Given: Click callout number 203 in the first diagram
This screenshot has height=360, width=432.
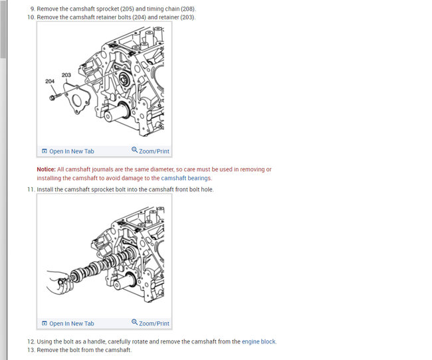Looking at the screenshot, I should point(66,75).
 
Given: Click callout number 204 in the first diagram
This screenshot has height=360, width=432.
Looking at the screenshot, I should point(50,81).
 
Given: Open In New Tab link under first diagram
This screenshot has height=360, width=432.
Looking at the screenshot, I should point(71,151).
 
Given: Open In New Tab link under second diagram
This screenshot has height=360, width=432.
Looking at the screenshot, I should point(71,323).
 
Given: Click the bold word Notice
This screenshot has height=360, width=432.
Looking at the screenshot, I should point(46,169).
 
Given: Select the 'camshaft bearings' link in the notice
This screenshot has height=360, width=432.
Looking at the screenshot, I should point(186,178).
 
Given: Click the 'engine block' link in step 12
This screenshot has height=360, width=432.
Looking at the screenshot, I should point(259,341).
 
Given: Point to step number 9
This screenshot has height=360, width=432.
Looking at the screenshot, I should point(32,9).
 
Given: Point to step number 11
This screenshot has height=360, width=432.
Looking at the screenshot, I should point(31,189).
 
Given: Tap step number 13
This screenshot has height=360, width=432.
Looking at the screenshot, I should point(31,349).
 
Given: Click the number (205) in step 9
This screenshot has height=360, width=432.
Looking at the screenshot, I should point(126,9).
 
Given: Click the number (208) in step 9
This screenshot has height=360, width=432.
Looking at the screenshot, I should point(188,9).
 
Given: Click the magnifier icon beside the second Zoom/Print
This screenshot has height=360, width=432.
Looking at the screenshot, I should point(134,323).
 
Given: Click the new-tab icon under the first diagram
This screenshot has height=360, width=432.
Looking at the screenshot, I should point(45,151).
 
